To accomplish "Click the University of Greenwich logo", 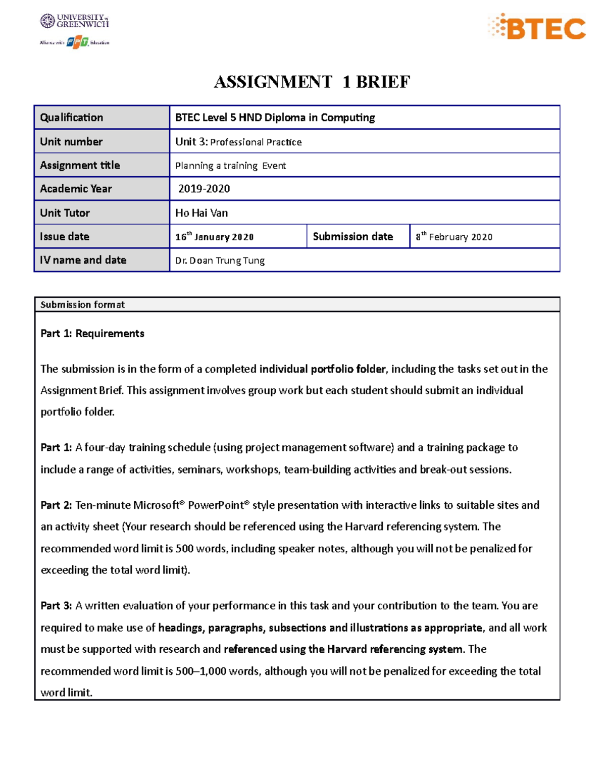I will point(74,21).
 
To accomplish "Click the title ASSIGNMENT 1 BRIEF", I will point(312,82).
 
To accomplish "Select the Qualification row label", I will point(72,118).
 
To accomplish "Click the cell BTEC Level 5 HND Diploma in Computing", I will point(275,118).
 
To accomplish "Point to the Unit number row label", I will point(71,142).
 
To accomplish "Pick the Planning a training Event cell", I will point(230,166).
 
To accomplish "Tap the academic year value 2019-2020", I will point(204,189).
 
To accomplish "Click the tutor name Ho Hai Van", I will point(201,213).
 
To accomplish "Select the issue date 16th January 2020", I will point(214,237).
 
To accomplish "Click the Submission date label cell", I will point(353,237).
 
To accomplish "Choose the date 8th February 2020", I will point(454,237).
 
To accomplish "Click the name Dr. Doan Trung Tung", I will point(220,260).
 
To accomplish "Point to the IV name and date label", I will point(83,260).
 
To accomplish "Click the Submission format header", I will point(82,304).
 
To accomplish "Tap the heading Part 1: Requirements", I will point(92,334).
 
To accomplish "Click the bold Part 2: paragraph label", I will point(56,505).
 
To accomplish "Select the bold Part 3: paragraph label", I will point(56,606).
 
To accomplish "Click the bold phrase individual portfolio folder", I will point(322,369).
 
